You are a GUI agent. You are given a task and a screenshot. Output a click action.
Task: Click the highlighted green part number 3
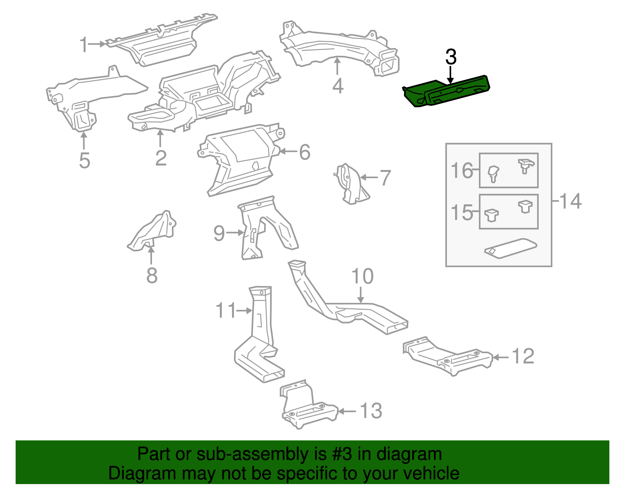click(445, 91)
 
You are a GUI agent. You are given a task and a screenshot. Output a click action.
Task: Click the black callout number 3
click(451, 57)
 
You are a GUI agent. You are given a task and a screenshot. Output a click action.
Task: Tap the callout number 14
click(570, 201)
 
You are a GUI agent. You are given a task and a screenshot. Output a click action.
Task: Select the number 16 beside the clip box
click(462, 171)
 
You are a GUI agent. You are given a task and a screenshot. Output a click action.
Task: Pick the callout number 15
click(462, 213)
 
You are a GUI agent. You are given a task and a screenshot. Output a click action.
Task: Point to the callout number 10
click(362, 276)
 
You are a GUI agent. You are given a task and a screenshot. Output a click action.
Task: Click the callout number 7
click(385, 178)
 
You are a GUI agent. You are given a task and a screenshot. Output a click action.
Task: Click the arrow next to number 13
click(346, 411)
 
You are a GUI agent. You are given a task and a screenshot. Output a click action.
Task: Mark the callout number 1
click(84, 45)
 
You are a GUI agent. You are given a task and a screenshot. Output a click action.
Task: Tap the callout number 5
click(84, 161)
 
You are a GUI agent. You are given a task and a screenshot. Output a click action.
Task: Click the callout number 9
click(219, 233)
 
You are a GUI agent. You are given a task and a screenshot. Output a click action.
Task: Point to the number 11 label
click(226, 311)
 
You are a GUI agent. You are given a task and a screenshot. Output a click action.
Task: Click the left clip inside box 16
click(493, 173)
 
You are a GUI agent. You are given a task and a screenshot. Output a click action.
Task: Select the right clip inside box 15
click(525, 206)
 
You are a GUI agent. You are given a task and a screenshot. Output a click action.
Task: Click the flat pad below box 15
click(511, 248)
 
